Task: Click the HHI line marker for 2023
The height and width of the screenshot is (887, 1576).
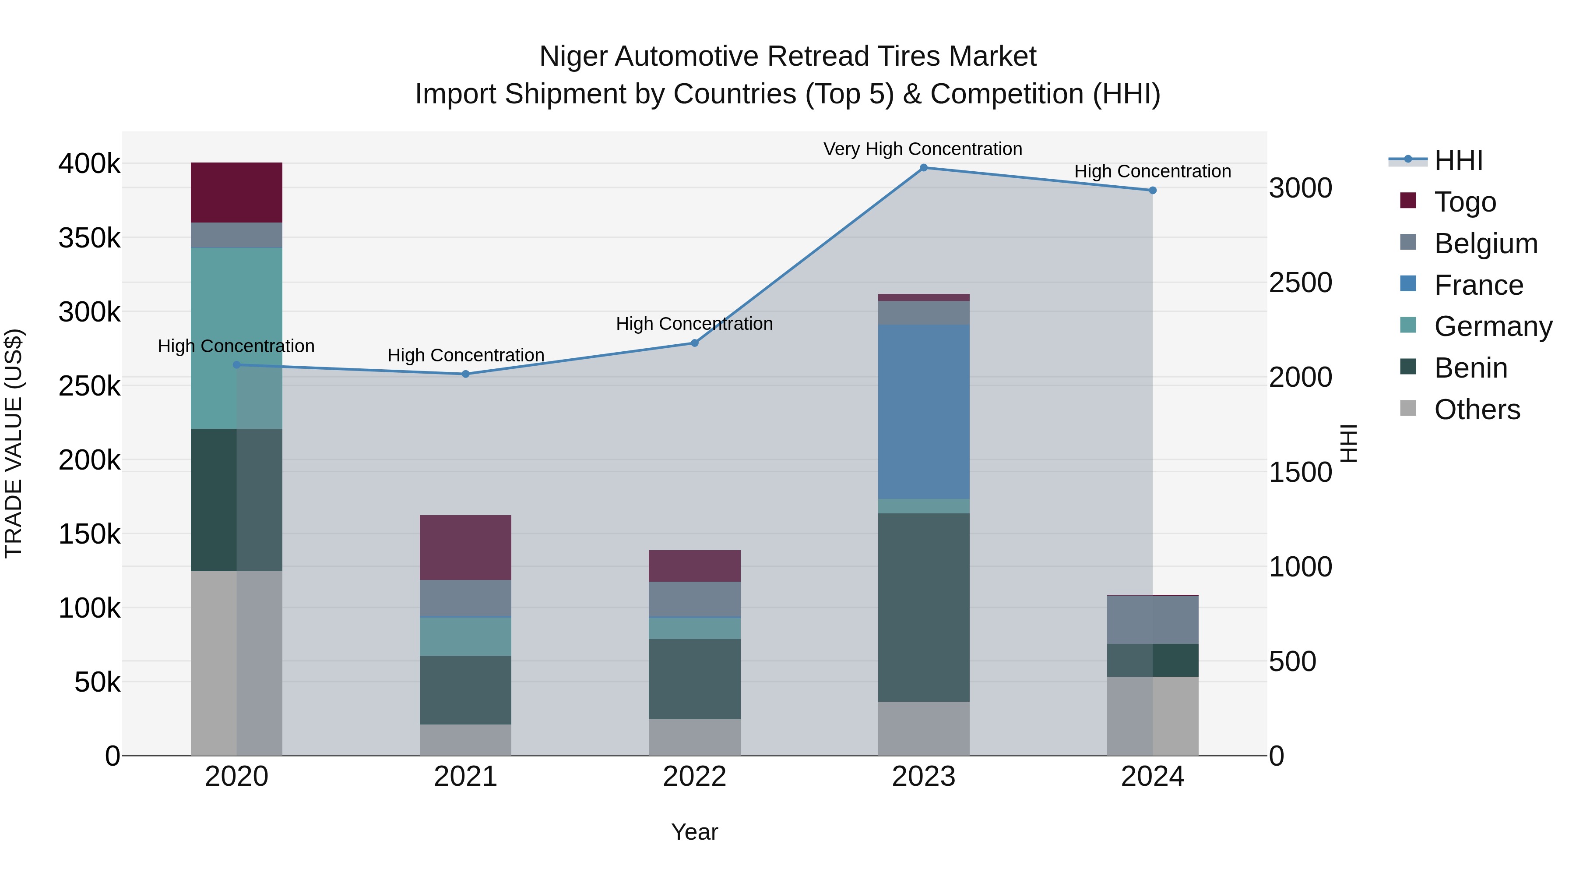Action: (923, 168)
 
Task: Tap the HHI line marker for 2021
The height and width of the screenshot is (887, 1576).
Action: (466, 374)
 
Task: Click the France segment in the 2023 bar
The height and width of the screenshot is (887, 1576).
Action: (923, 411)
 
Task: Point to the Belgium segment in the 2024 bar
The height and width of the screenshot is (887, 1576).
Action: (1152, 619)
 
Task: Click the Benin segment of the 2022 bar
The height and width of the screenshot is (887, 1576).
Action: (694, 679)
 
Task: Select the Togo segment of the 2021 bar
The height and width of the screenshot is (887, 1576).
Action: (466, 547)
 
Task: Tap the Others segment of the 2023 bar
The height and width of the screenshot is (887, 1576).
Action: (923, 728)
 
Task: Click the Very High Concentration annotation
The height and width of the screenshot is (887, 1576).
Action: (922, 149)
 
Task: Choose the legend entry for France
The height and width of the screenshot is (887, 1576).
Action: (1478, 285)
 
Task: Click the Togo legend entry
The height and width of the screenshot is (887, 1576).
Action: (1465, 202)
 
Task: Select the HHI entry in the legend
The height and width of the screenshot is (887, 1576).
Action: (1458, 160)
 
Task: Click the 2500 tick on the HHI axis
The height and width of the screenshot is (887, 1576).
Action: (1300, 283)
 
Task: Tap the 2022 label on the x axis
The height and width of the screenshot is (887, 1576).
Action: (694, 777)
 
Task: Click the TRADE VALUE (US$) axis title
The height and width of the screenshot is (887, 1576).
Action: (14, 443)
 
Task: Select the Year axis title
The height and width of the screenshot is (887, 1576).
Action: (694, 832)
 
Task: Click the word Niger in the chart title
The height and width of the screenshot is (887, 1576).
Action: (573, 57)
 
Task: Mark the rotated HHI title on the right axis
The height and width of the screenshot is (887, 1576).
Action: (1348, 443)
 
